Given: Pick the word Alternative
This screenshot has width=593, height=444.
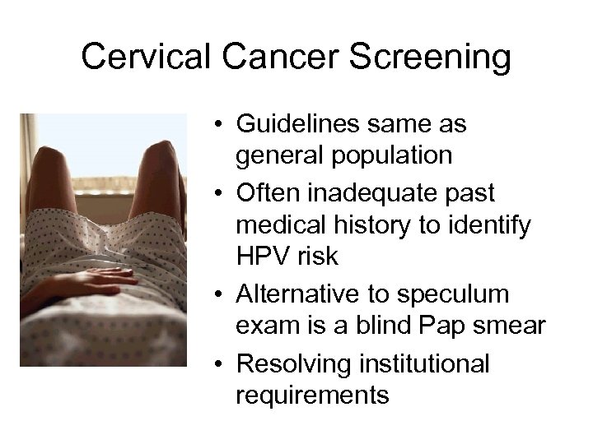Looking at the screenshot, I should pos(296,294).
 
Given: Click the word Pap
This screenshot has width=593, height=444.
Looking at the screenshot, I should pos(445,326).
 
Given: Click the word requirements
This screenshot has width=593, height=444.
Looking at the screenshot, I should pos(312,394).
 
